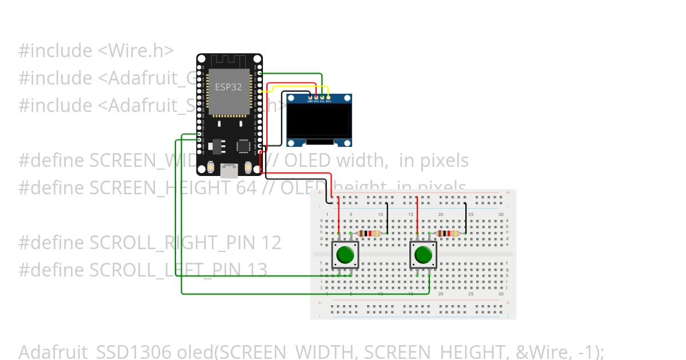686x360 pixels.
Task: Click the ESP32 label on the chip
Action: (228, 87)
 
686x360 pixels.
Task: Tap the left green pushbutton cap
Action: (345, 255)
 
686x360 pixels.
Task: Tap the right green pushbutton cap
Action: (424, 255)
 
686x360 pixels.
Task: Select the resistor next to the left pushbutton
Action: (368, 233)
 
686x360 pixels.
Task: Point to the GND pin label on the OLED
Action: (310, 102)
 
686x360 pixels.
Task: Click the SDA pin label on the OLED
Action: (328, 102)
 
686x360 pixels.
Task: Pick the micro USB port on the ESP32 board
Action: (230, 170)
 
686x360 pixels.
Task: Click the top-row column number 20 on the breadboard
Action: (441, 214)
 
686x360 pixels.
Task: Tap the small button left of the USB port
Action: (212, 168)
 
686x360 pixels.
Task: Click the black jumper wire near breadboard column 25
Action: (465, 217)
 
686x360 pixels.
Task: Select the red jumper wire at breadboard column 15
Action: (417, 214)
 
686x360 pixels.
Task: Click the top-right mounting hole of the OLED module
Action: (347, 99)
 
